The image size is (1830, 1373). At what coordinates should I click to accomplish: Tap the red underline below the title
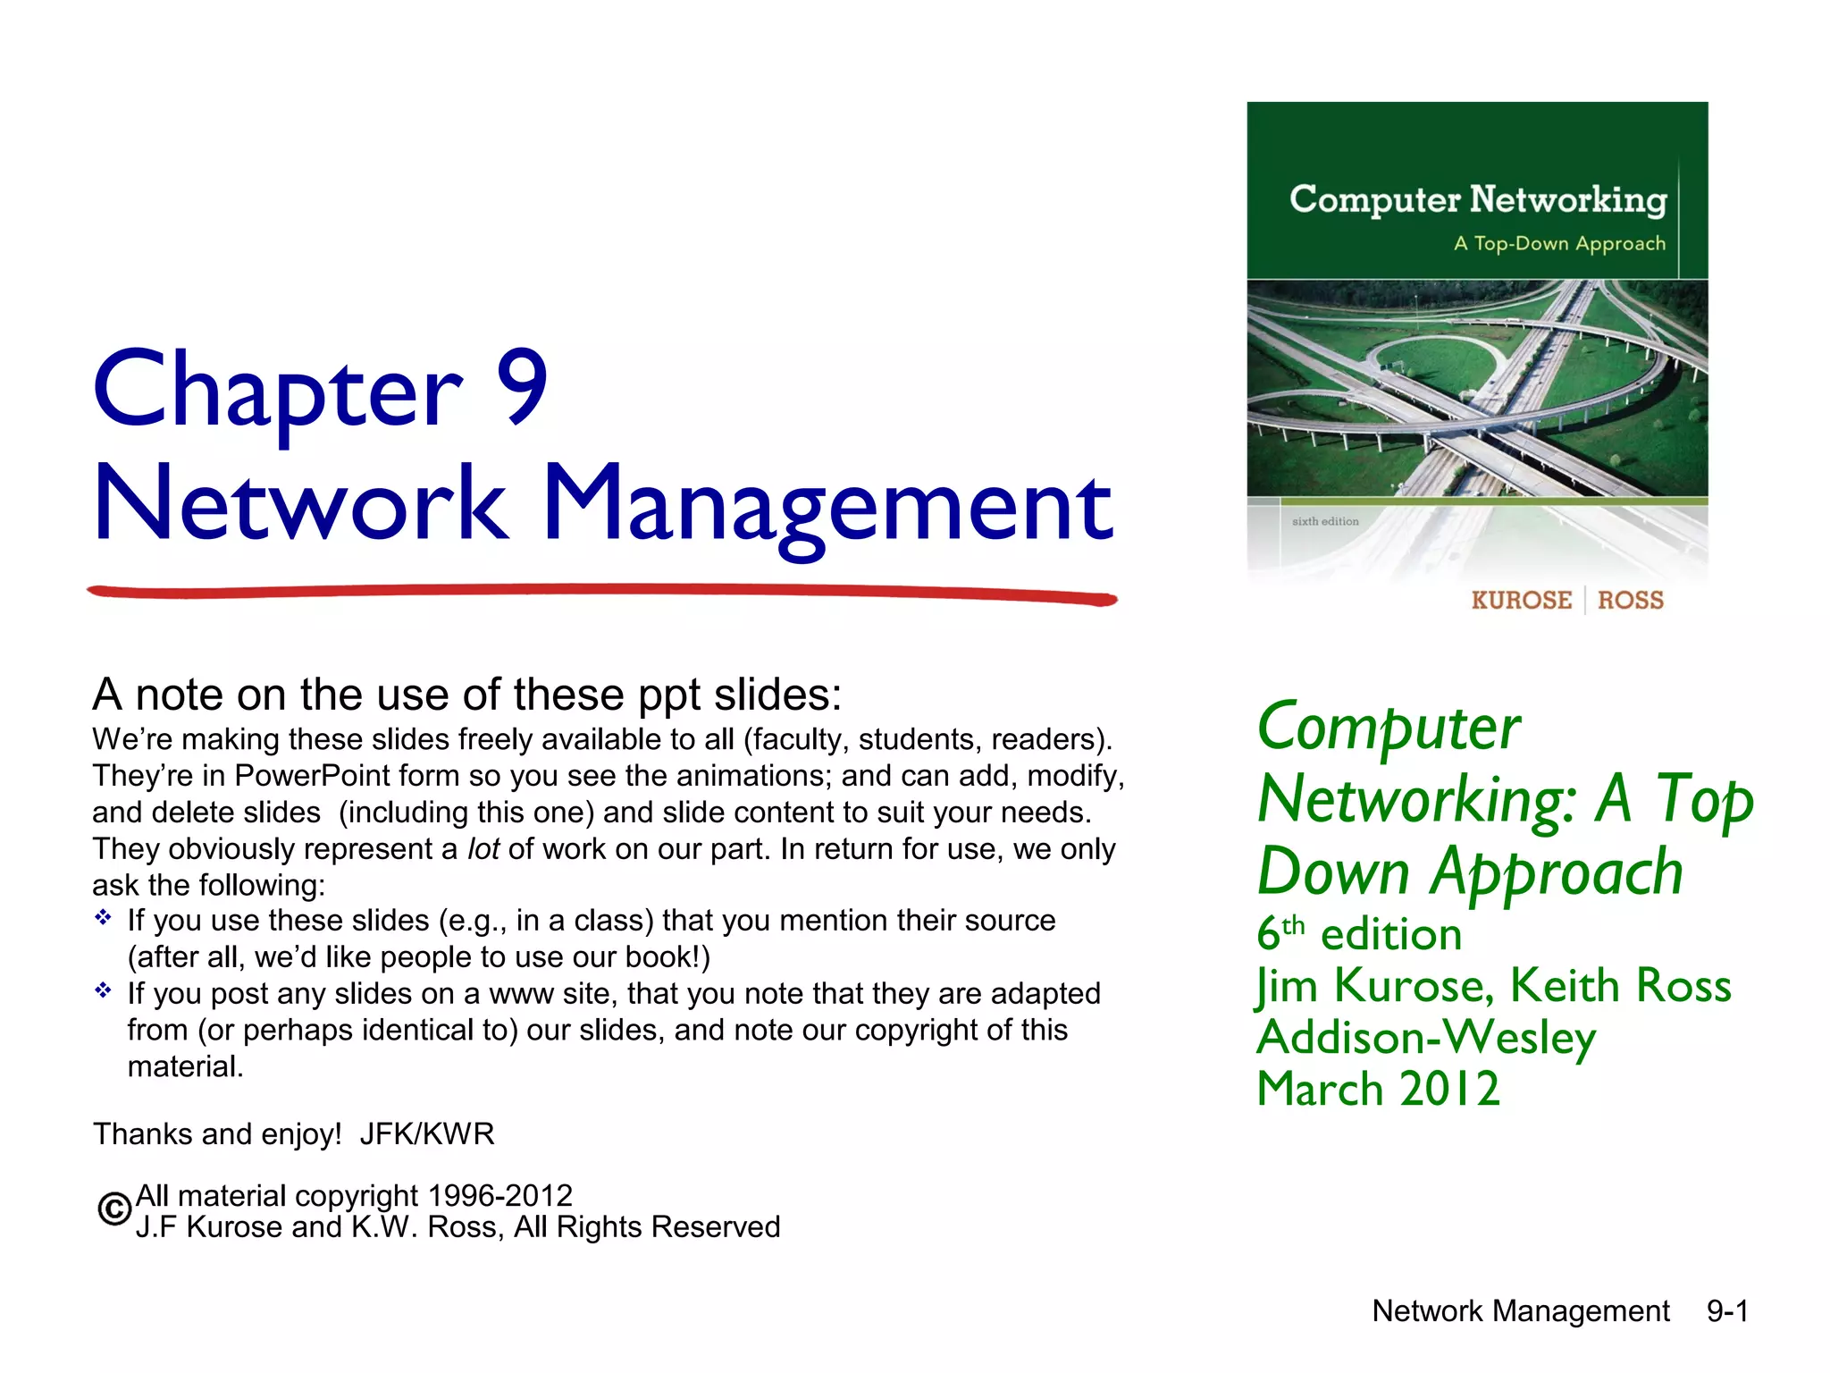[601, 592]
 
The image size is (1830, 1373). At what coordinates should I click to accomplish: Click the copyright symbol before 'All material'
[114, 1209]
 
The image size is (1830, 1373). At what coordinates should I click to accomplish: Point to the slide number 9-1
[1727, 1310]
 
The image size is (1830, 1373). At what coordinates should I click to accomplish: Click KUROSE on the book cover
[1521, 600]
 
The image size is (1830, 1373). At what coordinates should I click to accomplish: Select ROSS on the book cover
[1631, 600]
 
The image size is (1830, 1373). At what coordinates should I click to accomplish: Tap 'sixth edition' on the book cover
[1325, 521]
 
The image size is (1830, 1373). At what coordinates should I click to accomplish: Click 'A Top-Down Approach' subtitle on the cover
[1559, 243]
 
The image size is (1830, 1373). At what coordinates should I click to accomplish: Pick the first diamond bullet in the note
[104, 918]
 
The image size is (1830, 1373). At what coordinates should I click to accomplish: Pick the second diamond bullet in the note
[104, 990]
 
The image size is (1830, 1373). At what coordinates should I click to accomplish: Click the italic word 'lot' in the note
[483, 848]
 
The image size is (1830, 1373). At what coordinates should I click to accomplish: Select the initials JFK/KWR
[427, 1133]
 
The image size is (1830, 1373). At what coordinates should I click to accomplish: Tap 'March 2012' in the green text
[1378, 1089]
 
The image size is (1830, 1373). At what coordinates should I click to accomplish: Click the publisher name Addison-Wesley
[1426, 1037]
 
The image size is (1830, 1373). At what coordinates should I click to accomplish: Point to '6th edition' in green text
[1359, 934]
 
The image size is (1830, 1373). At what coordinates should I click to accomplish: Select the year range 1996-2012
[499, 1195]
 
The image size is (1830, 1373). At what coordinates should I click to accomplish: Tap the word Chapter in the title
[278, 388]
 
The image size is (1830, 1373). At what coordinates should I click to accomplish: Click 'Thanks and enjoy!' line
[217, 1133]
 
